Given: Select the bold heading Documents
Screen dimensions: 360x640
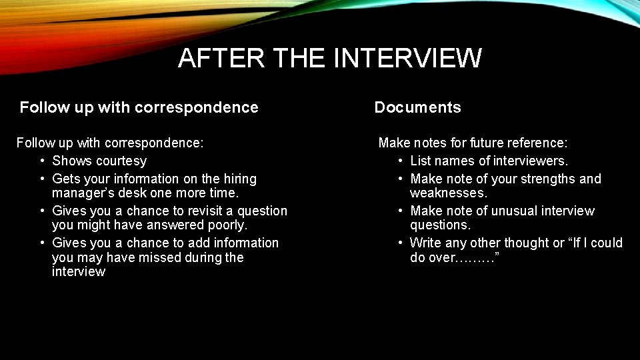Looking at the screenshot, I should pyautogui.click(x=417, y=107).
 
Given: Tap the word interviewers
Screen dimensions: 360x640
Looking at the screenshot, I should pyautogui.click(x=532, y=161).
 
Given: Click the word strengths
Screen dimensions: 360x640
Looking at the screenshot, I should pyautogui.click(x=542, y=179).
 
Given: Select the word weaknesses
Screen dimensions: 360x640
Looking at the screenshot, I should pyautogui.click(x=449, y=193).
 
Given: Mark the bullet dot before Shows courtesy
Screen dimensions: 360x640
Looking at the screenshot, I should pyautogui.click(x=42, y=161).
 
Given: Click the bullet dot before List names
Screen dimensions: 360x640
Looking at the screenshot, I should pyautogui.click(x=401, y=161).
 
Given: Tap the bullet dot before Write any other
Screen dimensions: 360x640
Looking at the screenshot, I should pyautogui.click(x=401, y=243).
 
